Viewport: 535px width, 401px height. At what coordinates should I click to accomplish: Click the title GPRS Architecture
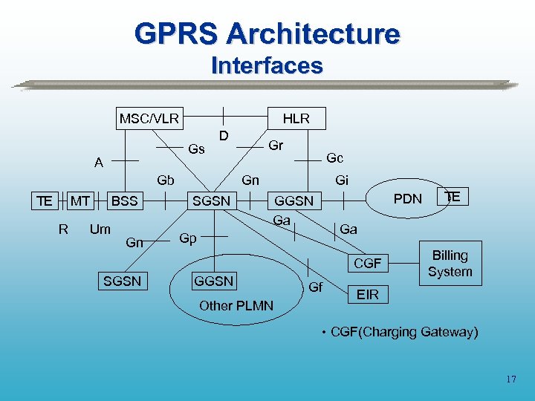point(267,33)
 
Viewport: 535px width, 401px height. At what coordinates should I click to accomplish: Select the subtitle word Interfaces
point(267,65)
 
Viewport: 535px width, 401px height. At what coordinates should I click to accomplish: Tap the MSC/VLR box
point(149,118)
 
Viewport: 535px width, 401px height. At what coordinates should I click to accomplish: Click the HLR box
point(296,118)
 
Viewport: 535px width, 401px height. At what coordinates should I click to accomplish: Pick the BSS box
point(124,200)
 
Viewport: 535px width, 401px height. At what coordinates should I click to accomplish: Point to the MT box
point(80,200)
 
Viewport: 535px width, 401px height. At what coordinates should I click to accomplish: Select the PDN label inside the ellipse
point(407,198)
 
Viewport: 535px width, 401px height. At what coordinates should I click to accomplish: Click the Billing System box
point(450,264)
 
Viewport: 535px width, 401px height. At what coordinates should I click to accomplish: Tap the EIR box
point(368,295)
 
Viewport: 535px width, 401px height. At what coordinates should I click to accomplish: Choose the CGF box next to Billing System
point(367,263)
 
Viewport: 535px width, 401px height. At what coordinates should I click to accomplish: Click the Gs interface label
point(197,149)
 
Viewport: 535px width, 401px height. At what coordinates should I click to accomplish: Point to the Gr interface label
point(276,146)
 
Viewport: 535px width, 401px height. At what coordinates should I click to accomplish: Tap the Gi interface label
point(342,180)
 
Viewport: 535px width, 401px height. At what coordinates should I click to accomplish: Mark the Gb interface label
point(165,180)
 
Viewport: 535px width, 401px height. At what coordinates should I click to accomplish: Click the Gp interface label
point(188,238)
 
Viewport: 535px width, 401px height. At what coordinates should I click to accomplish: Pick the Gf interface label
point(315,287)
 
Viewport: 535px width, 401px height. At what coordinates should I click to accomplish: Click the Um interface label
point(100,229)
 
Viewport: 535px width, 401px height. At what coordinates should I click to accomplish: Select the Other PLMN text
point(236,306)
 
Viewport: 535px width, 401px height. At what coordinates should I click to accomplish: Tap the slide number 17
point(510,379)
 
